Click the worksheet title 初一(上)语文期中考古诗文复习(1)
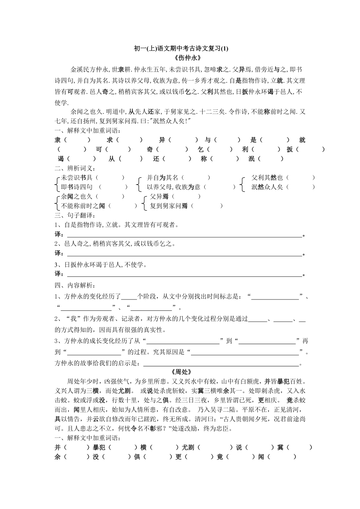point(180,48)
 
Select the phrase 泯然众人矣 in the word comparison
point(267,187)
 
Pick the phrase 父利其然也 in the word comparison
point(267,177)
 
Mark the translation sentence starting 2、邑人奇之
point(116,244)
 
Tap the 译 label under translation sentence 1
point(58,235)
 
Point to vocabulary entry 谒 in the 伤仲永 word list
point(61,159)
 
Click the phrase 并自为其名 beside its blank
point(162,177)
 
